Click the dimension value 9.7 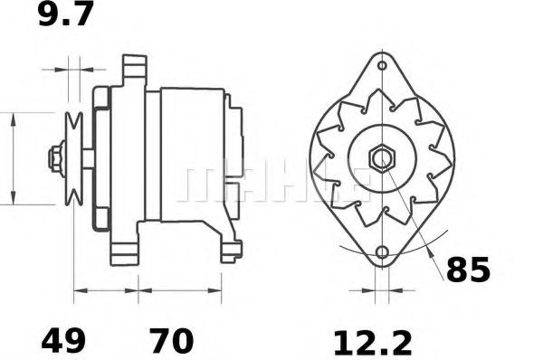click(64, 17)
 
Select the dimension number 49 click(63, 341)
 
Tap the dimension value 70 click(170, 341)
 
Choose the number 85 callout click(467, 269)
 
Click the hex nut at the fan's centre click(381, 157)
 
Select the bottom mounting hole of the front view click(381, 252)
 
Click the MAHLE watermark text click(271, 181)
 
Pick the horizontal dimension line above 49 click(105, 291)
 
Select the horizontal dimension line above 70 click(180, 291)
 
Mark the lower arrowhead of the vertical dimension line click(13, 198)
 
